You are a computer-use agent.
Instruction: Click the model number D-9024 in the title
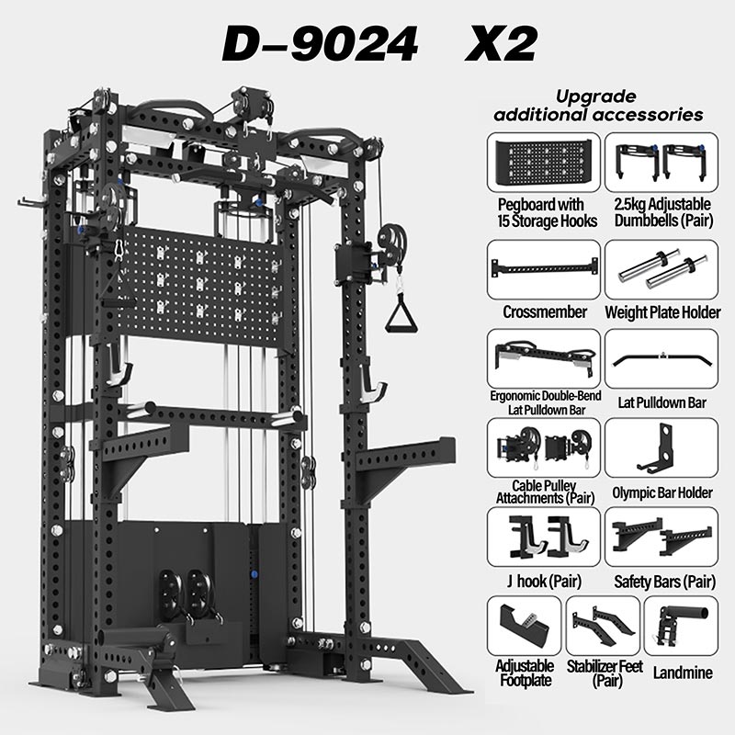[x=319, y=43]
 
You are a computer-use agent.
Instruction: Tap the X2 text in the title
[x=500, y=43]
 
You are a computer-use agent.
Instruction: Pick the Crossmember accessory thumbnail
[x=542, y=270]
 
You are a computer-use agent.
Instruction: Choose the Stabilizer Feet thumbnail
[x=603, y=625]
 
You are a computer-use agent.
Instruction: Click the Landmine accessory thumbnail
[x=681, y=625]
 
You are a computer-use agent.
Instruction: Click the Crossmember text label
[x=545, y=312]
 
